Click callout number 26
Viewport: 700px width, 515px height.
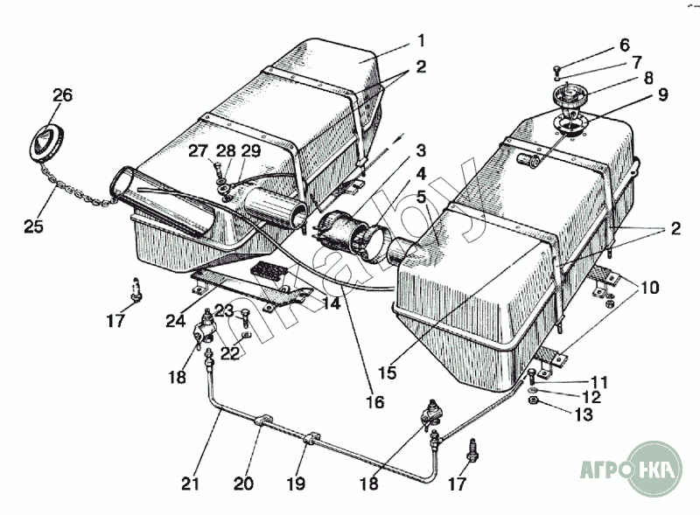(62, 95)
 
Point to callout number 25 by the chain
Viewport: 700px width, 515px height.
(33, 228)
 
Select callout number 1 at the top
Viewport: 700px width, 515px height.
(421, 40)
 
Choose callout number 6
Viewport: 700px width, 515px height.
(624, 45)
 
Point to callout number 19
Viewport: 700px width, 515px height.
(297, 482)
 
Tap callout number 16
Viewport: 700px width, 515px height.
(374, 403)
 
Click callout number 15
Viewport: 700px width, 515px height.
(387, 372)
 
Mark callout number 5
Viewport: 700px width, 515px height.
(421, 197)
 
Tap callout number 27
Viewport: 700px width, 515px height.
(197, 150)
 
